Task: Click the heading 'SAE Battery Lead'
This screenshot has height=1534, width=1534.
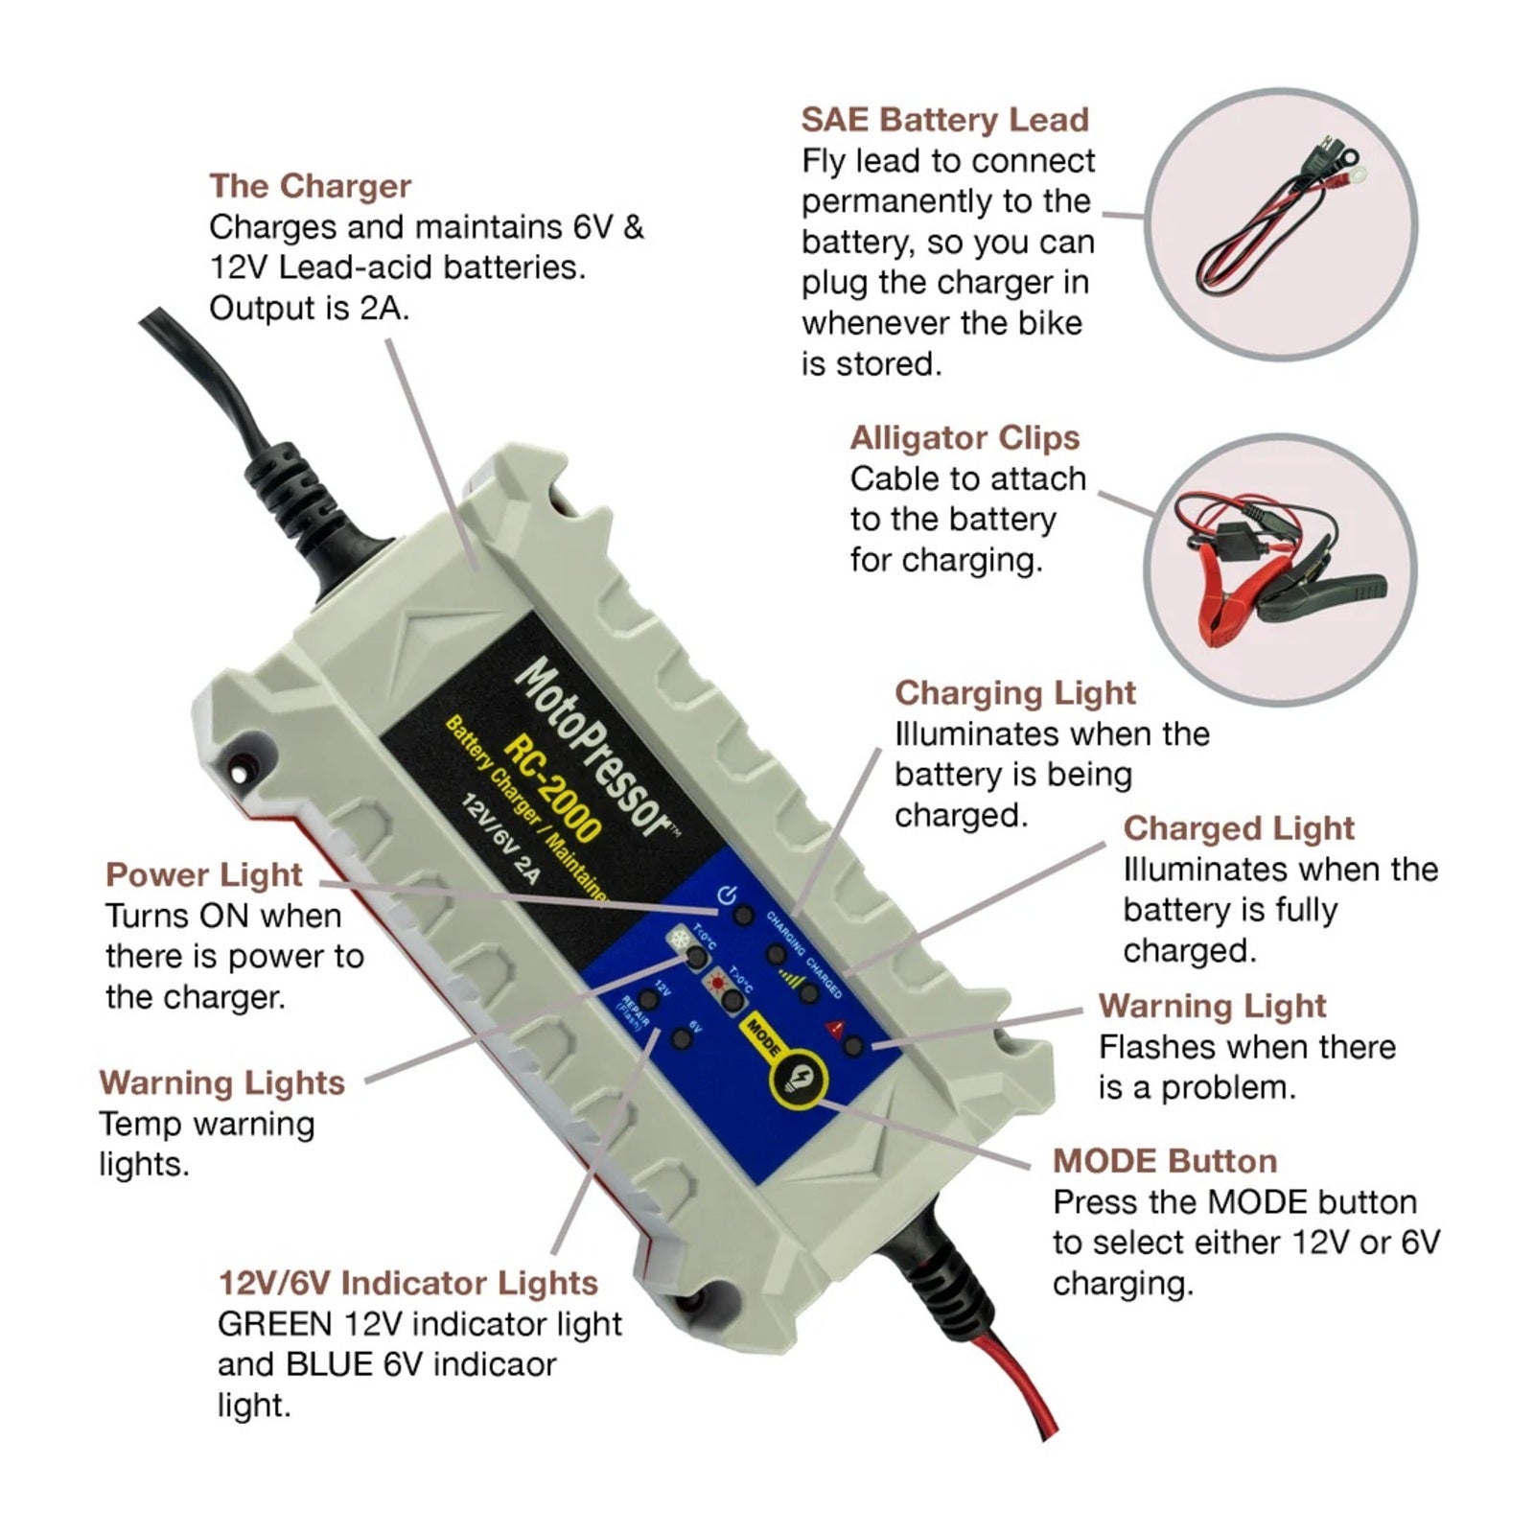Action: pyautogui.click(x=944, y=120)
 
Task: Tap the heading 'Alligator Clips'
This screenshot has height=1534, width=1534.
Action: pyautogui.click(x=965, y=437)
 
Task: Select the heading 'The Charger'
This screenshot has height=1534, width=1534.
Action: pyautogui.click(x=310, y=185)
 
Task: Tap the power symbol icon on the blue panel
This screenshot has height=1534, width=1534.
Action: pyautogui.click(x=727, y=896)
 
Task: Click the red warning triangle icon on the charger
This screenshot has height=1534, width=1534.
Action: pyautogui.click(x=834, y=1028)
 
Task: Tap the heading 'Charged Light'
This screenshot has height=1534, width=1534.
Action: pyautogui.click(x=1238, y=827)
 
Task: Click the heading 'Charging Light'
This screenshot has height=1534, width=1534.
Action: pyautogui.click(x=1014, y=692)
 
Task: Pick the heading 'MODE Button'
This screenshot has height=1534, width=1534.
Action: pyautogui.click(x=1164, y=1161)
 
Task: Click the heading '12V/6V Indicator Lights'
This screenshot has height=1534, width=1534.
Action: pyautogui.click(x=407, y=1283)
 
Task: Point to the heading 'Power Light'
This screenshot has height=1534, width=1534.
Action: pyautogui.click(x=203, y=874)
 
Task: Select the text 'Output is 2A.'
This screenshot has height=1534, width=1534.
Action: pyautogui.click(x=309, y=308)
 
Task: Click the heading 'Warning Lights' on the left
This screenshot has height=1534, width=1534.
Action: pyautogui.click(x=221, y=1082)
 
